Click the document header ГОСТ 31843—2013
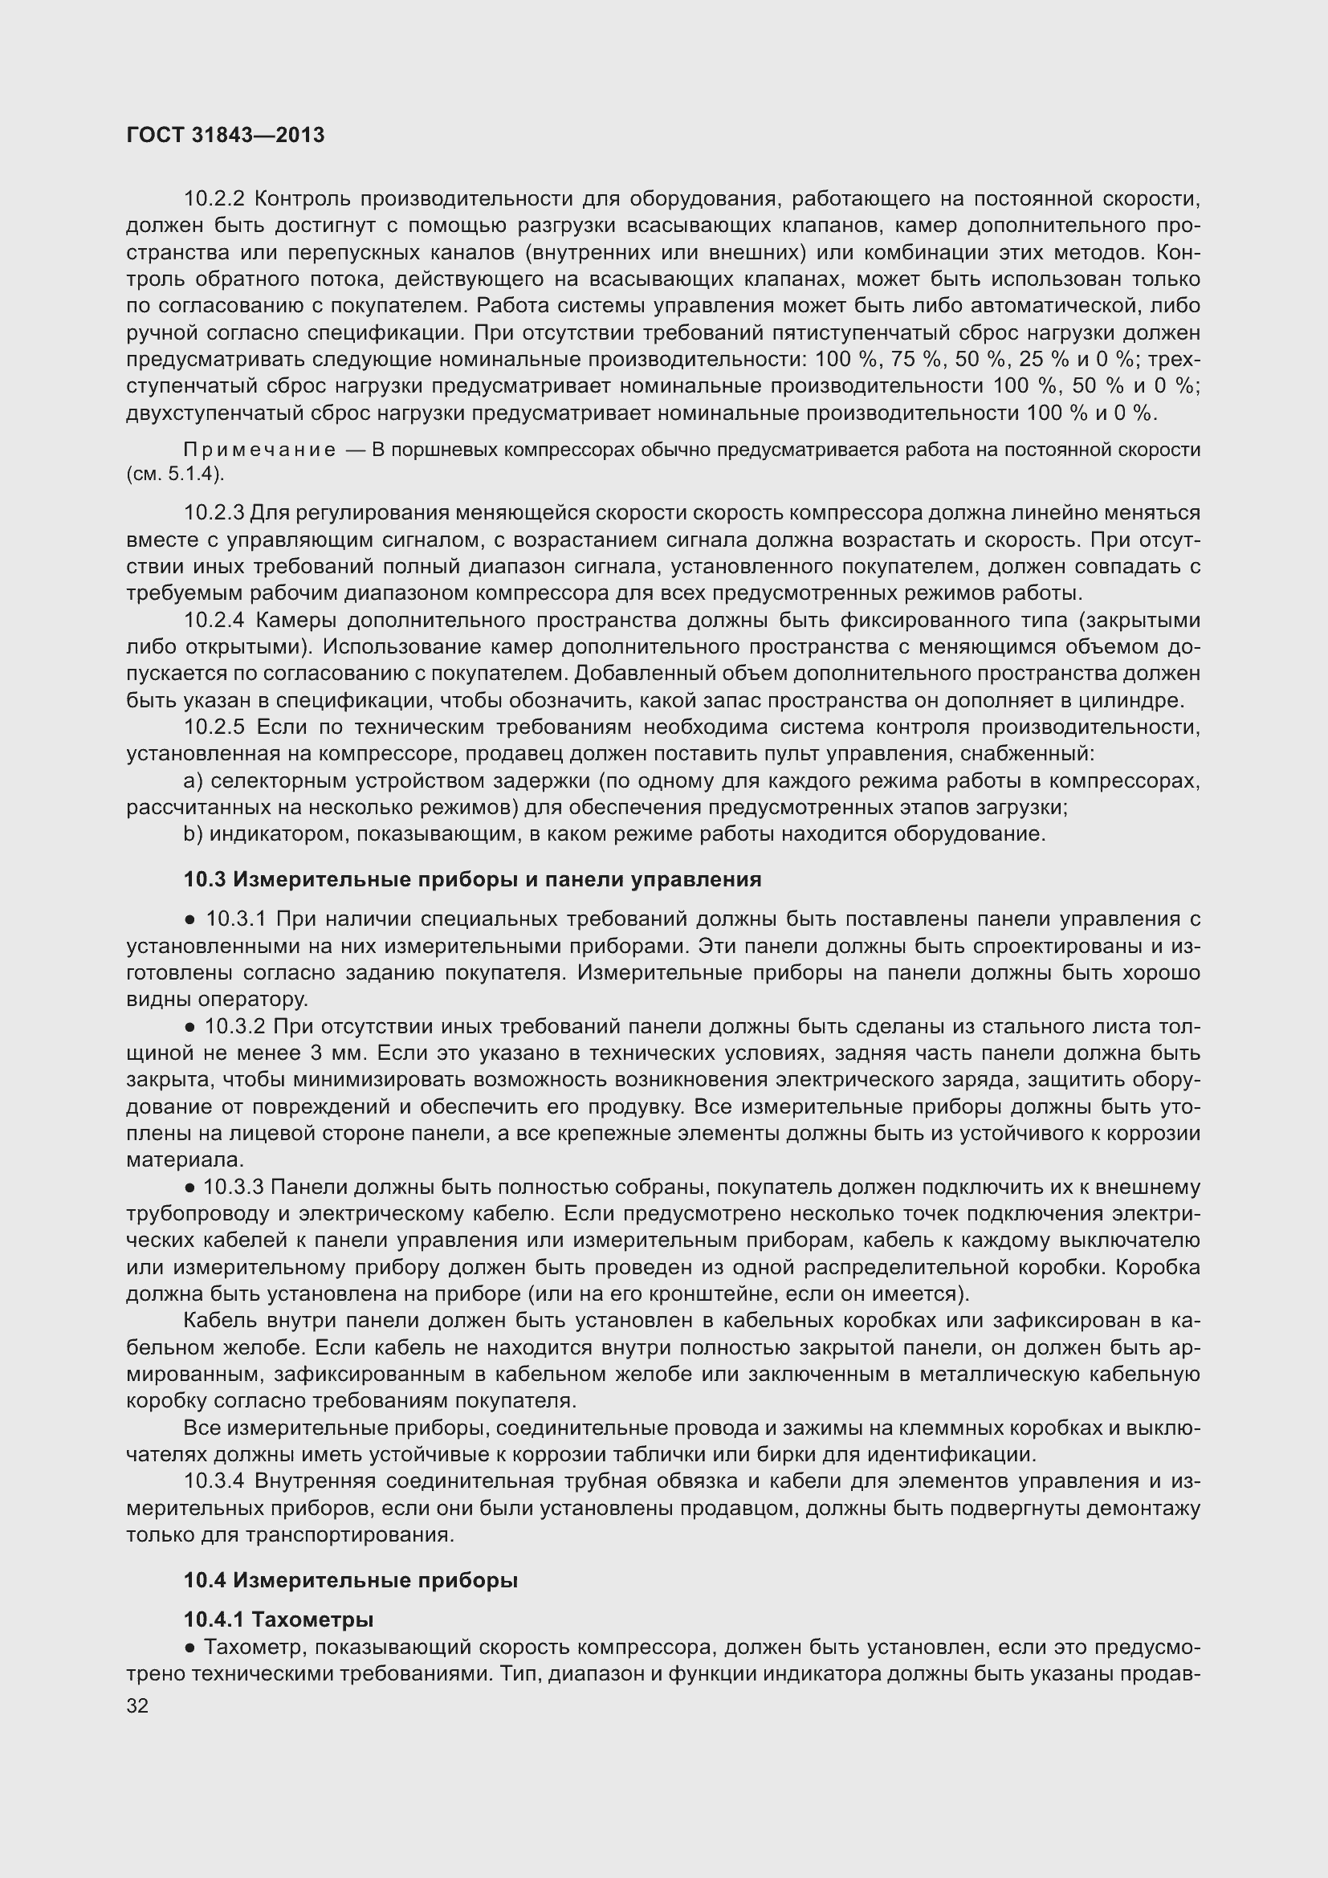pos(226,136)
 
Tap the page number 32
pos(137,1706)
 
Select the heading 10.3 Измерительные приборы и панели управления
pos(472,879)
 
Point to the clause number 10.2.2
pos(214,199)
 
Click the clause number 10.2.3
pos(214,513)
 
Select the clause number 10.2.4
pos(214,620)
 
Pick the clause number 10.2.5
pos(214,727)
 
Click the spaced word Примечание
pos(259,450)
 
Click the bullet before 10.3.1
pos(189,920)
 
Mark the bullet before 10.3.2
pos(189,1028)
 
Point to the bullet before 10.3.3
pos(189,1187)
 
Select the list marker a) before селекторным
pos(193,781)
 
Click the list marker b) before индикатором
pos(193,834)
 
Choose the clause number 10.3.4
pos(214,1481)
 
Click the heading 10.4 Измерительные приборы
pos(350,1580)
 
